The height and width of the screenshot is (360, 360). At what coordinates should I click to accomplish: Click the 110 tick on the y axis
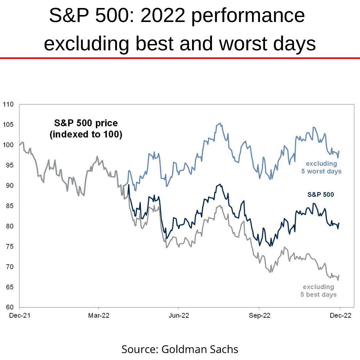pyautogui.click(x=8, y=104)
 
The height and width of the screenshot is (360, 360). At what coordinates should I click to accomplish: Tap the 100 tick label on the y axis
pyautogui.click(x=8, y=145)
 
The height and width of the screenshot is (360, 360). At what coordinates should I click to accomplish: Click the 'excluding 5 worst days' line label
pyautogui.click(x=321, y=167)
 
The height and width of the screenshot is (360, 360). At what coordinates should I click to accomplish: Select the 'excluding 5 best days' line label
pyautogui.click(x=319, y=291)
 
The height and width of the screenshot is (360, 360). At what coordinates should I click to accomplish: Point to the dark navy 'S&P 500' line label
pyautogui.click(x=320, y=194)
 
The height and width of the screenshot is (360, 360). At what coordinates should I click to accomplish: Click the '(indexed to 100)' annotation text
pyautogui.click(x=86, y=135)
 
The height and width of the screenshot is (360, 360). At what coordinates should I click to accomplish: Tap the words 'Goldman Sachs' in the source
pyautogui.click(x=200, y=349)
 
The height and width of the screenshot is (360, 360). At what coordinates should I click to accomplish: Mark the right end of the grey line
pyautogui.click(x=339, y=276)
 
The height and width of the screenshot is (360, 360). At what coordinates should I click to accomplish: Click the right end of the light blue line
pyautogui.click(x=339, y=151)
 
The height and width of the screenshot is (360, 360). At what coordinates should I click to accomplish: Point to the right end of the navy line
pyautogui.click(x=339, y=223)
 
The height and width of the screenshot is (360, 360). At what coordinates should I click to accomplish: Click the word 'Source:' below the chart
pyautogui.click(x=140, y=349)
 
